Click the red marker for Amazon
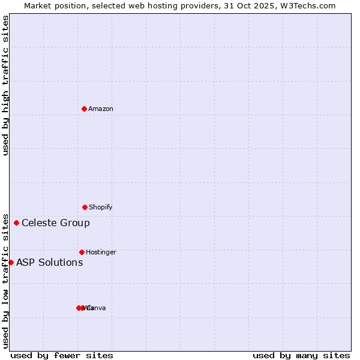pyautogui.click(x=85, y=109)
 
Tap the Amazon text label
pyautogui.click(x=101, y=109)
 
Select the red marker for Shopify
pyautogui.click(x=85, y=207)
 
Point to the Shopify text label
pyautogui.click(x=101, y=207)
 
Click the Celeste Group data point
pyautogui.click(x=16, y=223)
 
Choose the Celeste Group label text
pyautogui.click(x=56, y=223)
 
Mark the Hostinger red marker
pyautogui.click(x=82, y=252)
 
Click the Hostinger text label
pyautogui.click(x=101, y=252)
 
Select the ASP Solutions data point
pyautogui.click(x=11, y=262)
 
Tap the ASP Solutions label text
pyautogui.click(x=50, y=262)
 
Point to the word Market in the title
pyautogui.click(x=39, y=5)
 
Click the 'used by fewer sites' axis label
pyautogui.click(x=62, y=355)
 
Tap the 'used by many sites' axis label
pyautogui.click(x=301, y=355)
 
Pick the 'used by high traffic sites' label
pyautogui.click(x=5, y=85)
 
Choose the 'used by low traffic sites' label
pyautogui.click(x=5, y=280)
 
